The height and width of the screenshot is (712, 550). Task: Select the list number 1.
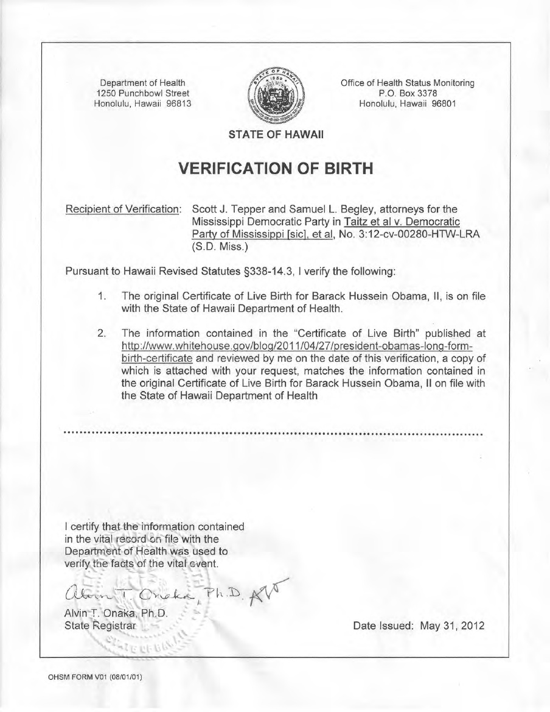pyautogui.click(x=103, y=296)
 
